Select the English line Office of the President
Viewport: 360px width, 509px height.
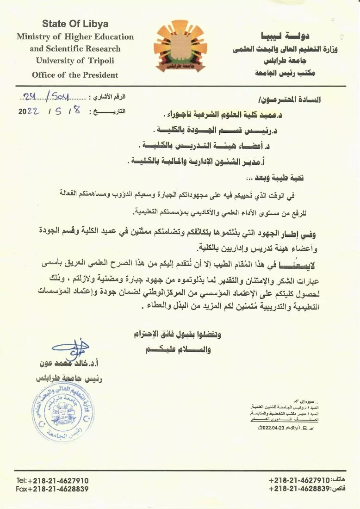pyautogui.click(x=75, y=75)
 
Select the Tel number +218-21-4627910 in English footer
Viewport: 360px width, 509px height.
pyautogui.click(x=52, y=481)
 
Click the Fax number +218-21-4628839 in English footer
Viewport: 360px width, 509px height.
pyautogui.click(x=52, y=489)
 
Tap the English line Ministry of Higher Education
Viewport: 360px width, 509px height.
pyautogui.click(x=75, y=37)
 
